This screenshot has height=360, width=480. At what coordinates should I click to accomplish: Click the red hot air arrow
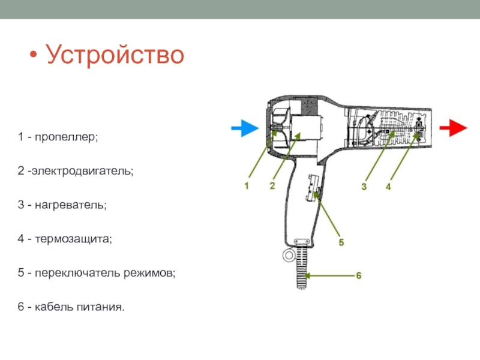[x=454, y=128]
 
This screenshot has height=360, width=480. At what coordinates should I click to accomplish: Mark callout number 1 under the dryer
[x=245, y=186]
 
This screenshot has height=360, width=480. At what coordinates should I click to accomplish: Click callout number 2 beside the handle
[x=272, y=186]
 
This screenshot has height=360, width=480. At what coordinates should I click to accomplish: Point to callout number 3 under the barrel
[x=364, y=187]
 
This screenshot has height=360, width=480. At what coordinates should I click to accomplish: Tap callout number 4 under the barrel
[x=389, y=187]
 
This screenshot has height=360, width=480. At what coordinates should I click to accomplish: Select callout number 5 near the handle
[x=341, y=243]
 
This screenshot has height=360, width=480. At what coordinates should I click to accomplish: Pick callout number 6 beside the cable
[x=358, y=275]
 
